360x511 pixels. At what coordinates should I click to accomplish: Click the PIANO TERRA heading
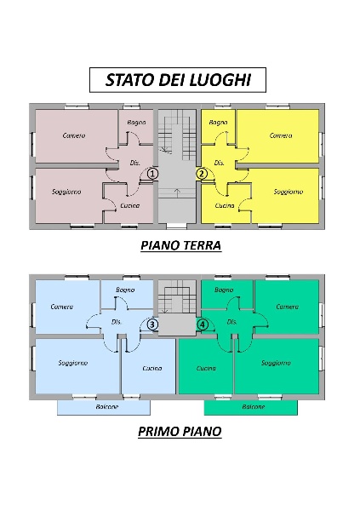(180, 245)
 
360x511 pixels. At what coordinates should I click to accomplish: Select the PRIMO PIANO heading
(180, 431)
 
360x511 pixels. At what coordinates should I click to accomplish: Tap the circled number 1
(152, 173)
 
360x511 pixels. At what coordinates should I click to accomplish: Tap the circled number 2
(202, 173)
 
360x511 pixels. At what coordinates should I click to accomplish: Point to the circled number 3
(152, 324)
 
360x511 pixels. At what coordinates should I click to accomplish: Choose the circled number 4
(203, 324)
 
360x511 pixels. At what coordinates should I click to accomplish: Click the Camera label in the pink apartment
(75, 135)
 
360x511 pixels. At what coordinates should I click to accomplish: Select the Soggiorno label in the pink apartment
(66, 192)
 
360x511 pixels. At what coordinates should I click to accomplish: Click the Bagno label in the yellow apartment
(220, 123)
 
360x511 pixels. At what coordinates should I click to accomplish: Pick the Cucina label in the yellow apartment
(225, 206)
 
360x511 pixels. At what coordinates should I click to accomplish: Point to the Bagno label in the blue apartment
(128, 290)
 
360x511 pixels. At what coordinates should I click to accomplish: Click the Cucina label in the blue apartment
(152, 368)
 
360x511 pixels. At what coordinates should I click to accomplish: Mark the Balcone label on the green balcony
(253, 407)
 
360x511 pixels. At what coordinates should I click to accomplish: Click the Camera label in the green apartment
(288, 307)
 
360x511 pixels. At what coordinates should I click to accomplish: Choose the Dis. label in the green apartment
(231, 322)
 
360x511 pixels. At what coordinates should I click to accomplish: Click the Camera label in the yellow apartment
(281, 135)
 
